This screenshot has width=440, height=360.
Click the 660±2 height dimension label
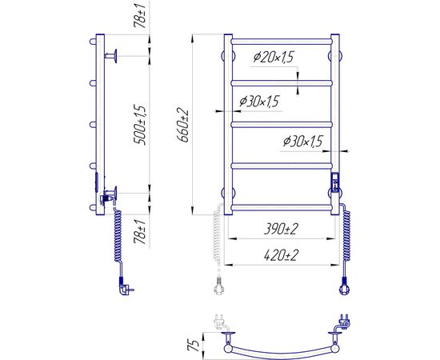[184, 126]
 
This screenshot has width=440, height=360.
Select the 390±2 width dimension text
[281, 230]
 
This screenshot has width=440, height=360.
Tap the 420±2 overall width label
[281, 255]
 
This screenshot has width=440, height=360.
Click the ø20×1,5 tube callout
[274, 58]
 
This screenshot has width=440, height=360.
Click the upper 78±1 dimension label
[140, 14]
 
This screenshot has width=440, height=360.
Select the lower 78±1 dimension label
[140, 232]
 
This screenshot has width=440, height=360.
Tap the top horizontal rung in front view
[282, 42]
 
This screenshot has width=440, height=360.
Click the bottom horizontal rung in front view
[282, 208]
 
